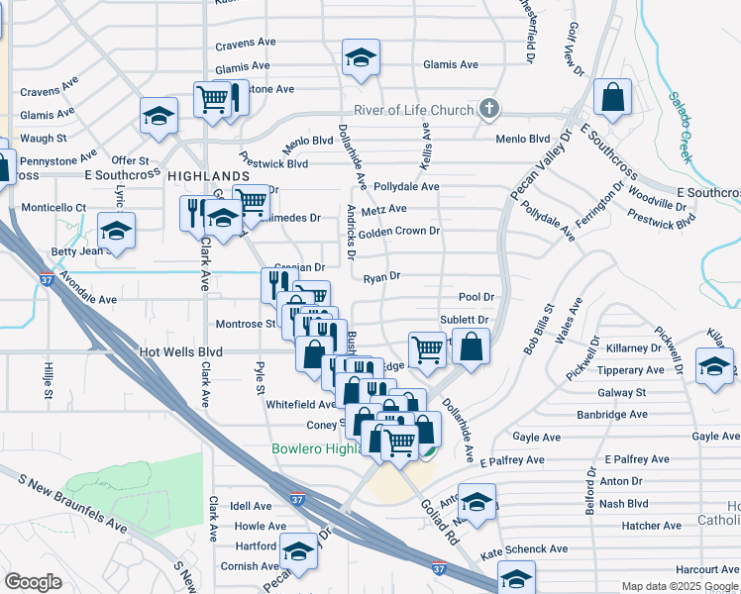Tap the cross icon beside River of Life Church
coord(487,109)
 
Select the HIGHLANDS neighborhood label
coord(208,175)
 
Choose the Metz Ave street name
coord(384,209)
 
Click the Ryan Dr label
coord(381,277)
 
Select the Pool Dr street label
coord(476,297)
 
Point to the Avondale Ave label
coord(87,299)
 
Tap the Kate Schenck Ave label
coord(524,548)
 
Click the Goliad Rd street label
coord(436,525)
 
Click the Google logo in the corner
coord(33,581)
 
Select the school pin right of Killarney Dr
coord(714,365)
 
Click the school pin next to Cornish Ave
coord(297,549)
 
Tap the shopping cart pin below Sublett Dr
coord(427,348)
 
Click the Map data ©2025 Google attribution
coord(680,586)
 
